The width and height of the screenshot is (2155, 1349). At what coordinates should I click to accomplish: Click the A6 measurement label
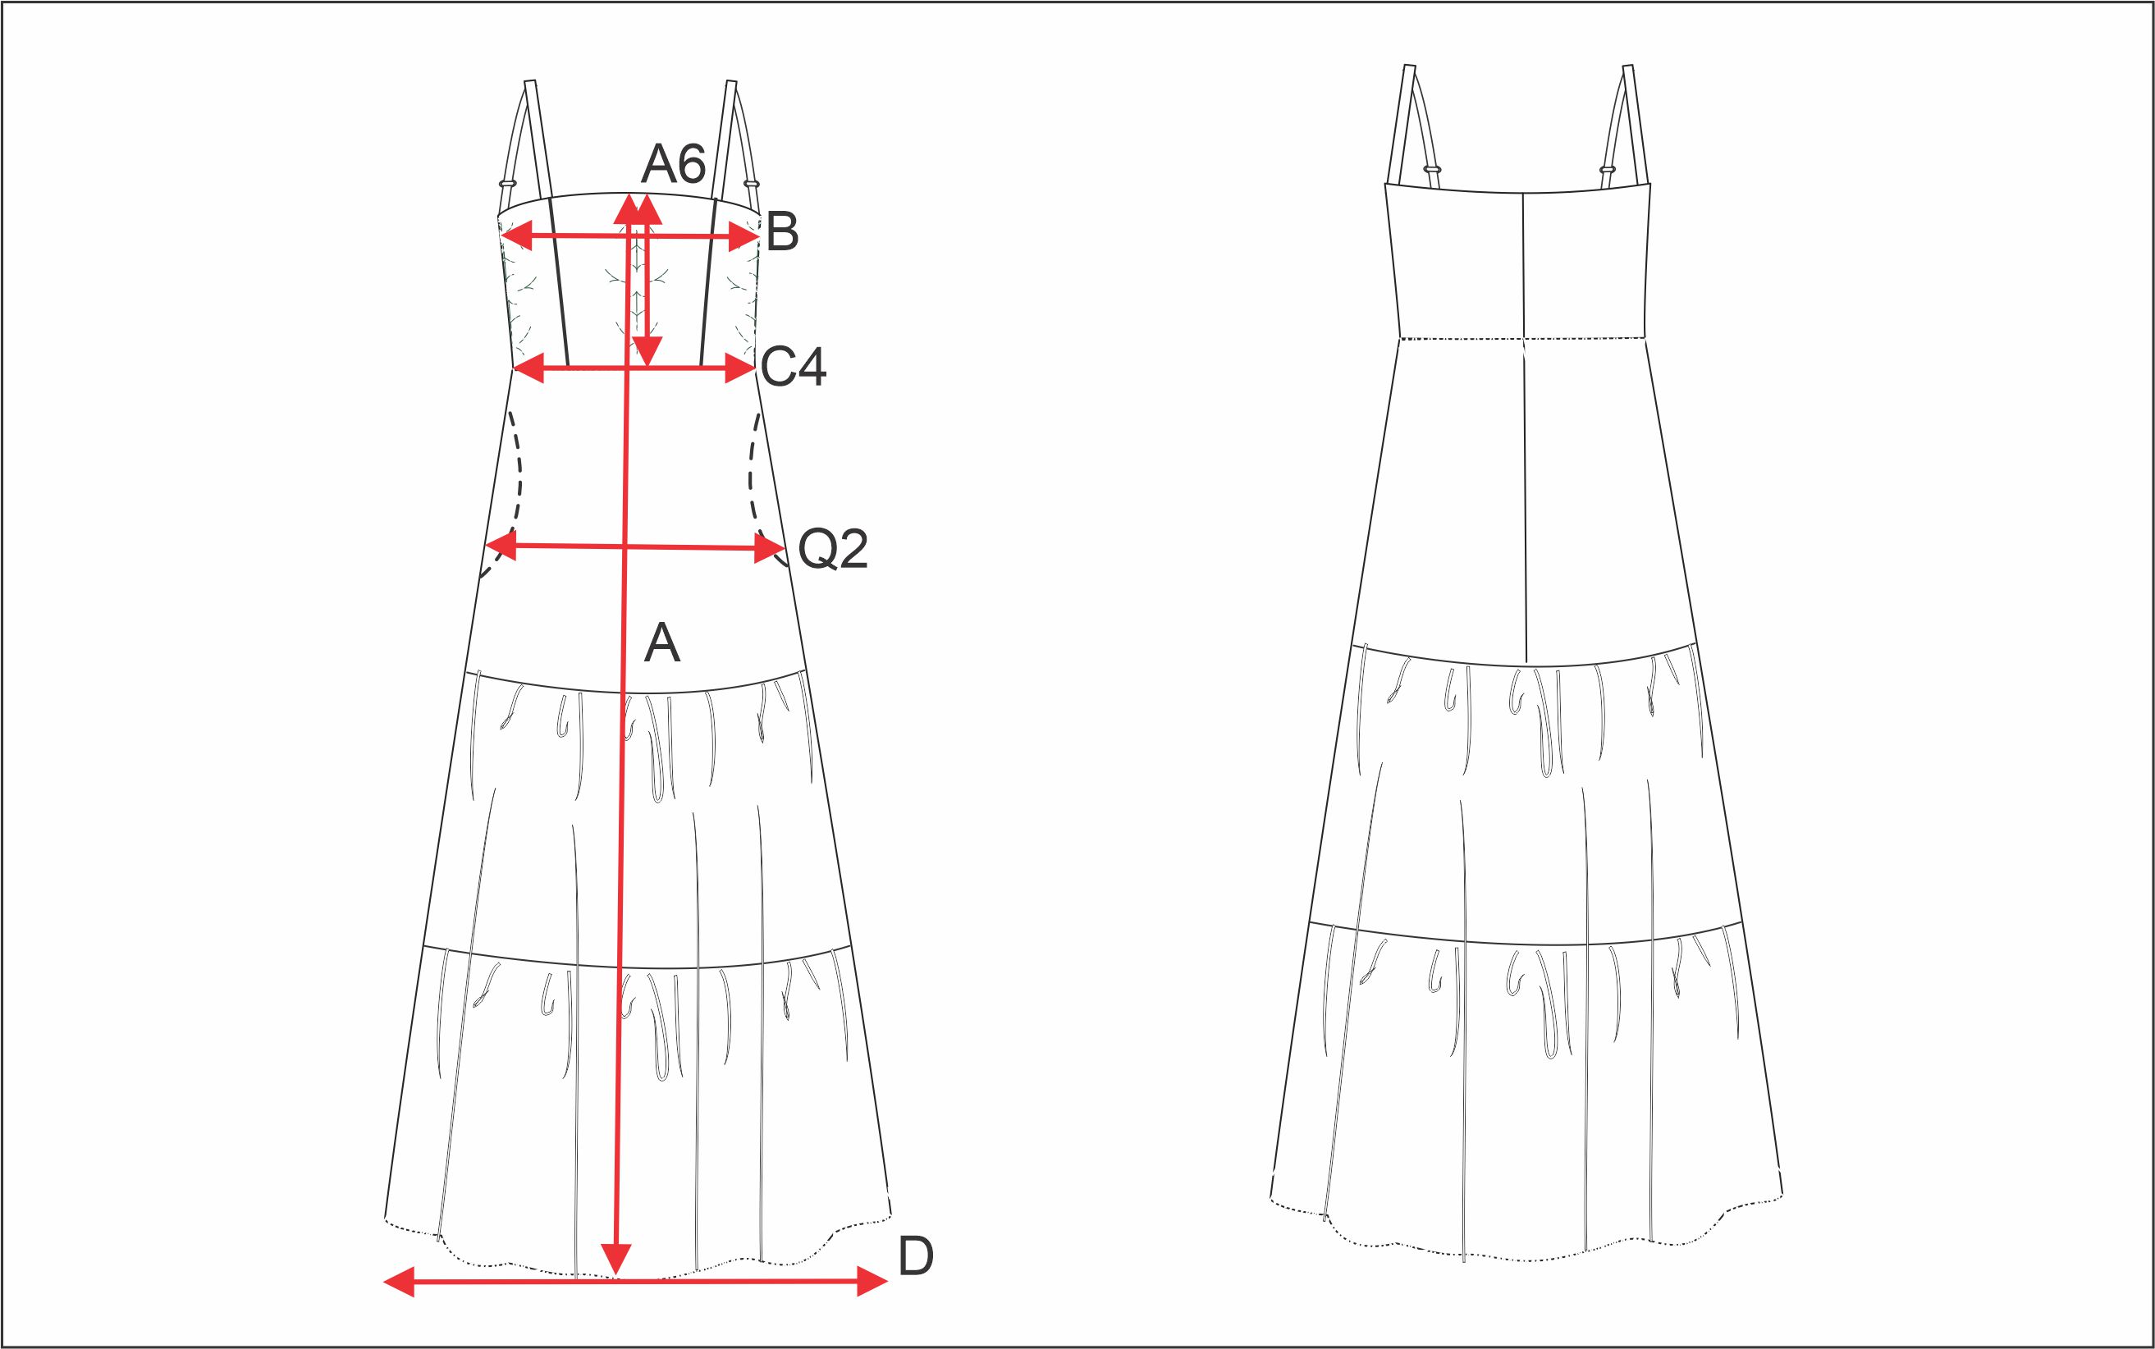[674, 163]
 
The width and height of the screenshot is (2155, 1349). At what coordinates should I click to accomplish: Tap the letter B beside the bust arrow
[782, 232]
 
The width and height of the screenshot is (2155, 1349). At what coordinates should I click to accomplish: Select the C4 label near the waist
[794, 367]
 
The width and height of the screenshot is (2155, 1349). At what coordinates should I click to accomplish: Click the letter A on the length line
[662, 642]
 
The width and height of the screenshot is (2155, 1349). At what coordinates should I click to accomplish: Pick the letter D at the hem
[916, 1257]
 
